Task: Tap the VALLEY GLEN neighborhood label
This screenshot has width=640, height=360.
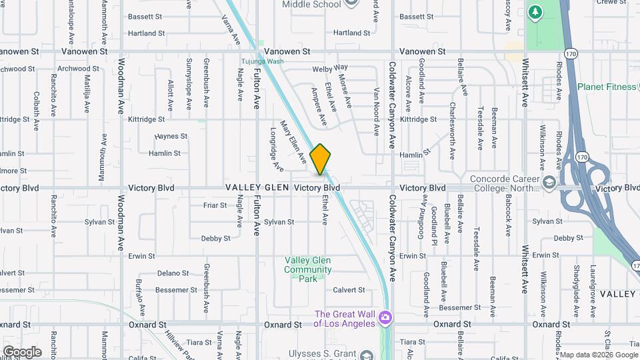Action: point(257,188)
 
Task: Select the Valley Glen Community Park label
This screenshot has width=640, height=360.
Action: point(308,269)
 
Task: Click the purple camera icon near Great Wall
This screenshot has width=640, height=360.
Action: point(384,317)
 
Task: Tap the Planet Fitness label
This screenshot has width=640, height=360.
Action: point(606,87)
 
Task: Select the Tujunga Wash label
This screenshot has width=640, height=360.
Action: point(262,61)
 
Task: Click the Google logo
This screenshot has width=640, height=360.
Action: point(21,351)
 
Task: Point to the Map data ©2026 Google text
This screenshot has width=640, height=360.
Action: point(598,354)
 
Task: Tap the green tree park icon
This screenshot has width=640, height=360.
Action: point(534,13)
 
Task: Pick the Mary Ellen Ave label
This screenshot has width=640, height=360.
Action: point(292,142)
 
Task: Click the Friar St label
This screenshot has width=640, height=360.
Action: point(215,205)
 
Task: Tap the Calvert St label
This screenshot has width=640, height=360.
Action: point(349,290)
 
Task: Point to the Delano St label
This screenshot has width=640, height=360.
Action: point(173,273)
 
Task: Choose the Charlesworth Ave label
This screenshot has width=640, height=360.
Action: point(451,131)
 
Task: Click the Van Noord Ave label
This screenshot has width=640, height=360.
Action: point(376,110)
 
